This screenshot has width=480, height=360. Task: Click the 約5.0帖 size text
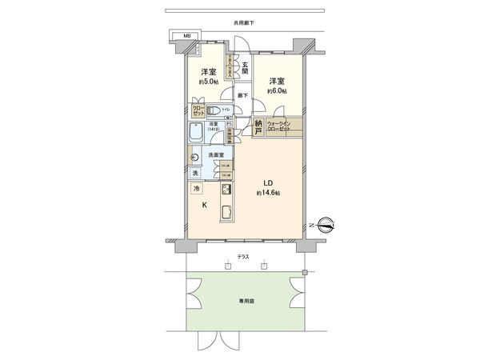(x=206, y=82)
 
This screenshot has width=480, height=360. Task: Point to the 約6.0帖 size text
(x=276, y=91)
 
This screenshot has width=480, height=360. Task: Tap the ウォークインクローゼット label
(x=280, y=126)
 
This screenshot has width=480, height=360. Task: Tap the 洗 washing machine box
(x=195, y=173)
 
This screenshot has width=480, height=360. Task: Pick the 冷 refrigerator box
(x=197, y=189)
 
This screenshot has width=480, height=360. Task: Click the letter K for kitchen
(x=205, y=206)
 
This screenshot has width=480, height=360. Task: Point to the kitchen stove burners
(x=226, y=190)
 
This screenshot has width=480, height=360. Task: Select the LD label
(x=266, y=181)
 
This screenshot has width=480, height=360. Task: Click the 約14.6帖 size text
(x=267, y=194)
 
